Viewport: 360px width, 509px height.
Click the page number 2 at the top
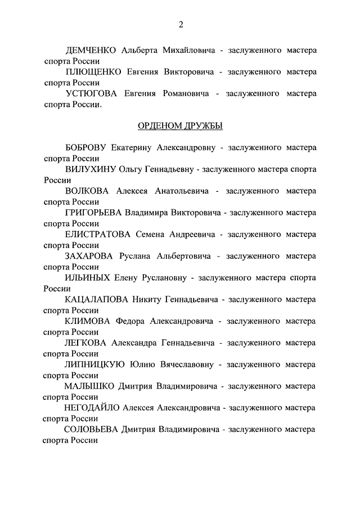181,24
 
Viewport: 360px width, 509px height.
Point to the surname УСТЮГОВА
92,93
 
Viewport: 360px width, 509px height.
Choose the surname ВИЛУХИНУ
90,169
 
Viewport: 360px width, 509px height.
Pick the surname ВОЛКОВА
88,191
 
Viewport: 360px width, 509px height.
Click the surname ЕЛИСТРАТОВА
97,235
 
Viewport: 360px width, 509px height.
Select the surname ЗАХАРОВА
90,256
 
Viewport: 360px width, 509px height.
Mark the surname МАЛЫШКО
89,386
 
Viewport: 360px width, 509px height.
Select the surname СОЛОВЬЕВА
92,430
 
